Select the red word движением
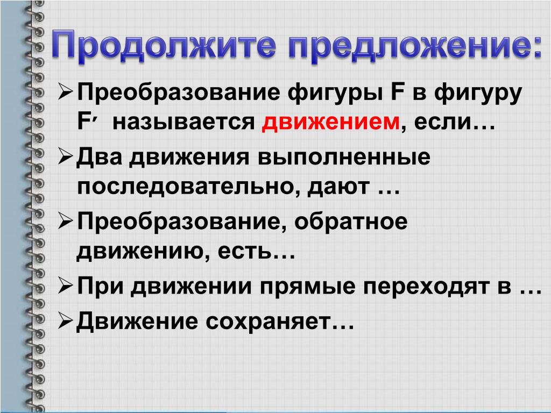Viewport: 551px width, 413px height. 331,122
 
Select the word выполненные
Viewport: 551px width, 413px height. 344,158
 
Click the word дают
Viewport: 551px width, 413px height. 339,187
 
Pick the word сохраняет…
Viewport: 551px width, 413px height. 280,322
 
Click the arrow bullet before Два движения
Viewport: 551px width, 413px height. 66,157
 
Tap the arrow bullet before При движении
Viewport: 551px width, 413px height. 66,286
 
